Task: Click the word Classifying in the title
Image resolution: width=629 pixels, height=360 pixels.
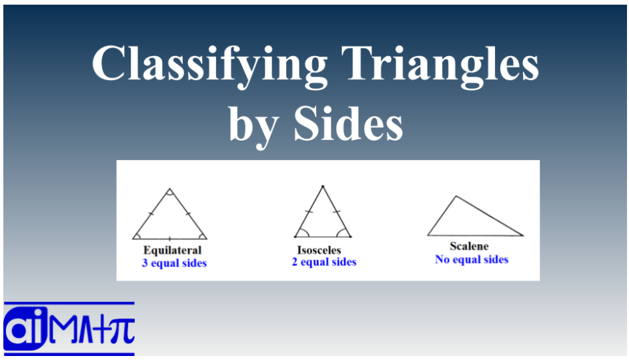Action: coord(210,66)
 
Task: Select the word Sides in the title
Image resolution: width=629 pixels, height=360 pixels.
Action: coord(349,123)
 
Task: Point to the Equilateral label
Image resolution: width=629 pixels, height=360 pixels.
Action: coord(173,250)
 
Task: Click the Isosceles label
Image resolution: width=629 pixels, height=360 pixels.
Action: coord(319,250)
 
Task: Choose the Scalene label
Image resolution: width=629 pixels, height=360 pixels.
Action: coord(469,246)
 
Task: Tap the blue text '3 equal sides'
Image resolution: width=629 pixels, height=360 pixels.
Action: coord(174,263)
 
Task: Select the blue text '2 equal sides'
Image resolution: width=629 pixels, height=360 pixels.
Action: coord(324,262)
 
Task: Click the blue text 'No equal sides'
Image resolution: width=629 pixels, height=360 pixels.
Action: coord(472,259)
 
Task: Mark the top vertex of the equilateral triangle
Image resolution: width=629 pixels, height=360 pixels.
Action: coord(169,189)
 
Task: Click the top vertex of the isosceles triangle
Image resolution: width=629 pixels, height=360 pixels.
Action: coord(323,186)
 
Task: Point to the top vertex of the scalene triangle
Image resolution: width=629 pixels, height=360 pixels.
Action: coord(456,196)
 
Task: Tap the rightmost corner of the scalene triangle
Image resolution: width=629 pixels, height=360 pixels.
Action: coord(523,236)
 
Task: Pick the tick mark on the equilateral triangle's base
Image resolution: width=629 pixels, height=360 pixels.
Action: coord(169,239)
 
